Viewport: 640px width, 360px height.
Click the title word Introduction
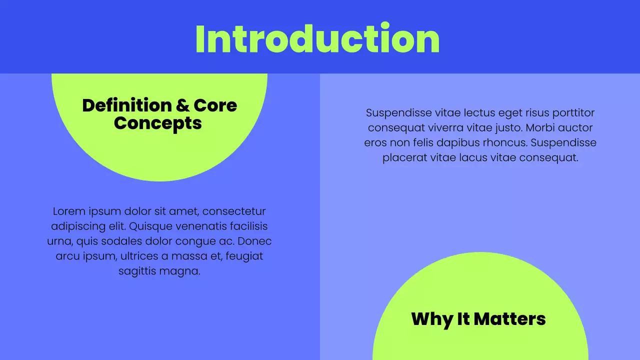[x=317, y=39]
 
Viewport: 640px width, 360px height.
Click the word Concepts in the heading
[x=157, y=123]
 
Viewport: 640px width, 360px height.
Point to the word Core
[x=215, y=105]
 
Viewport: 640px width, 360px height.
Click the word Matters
[x=509, y=319]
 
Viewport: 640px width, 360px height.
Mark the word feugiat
[x=244, y=256]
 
